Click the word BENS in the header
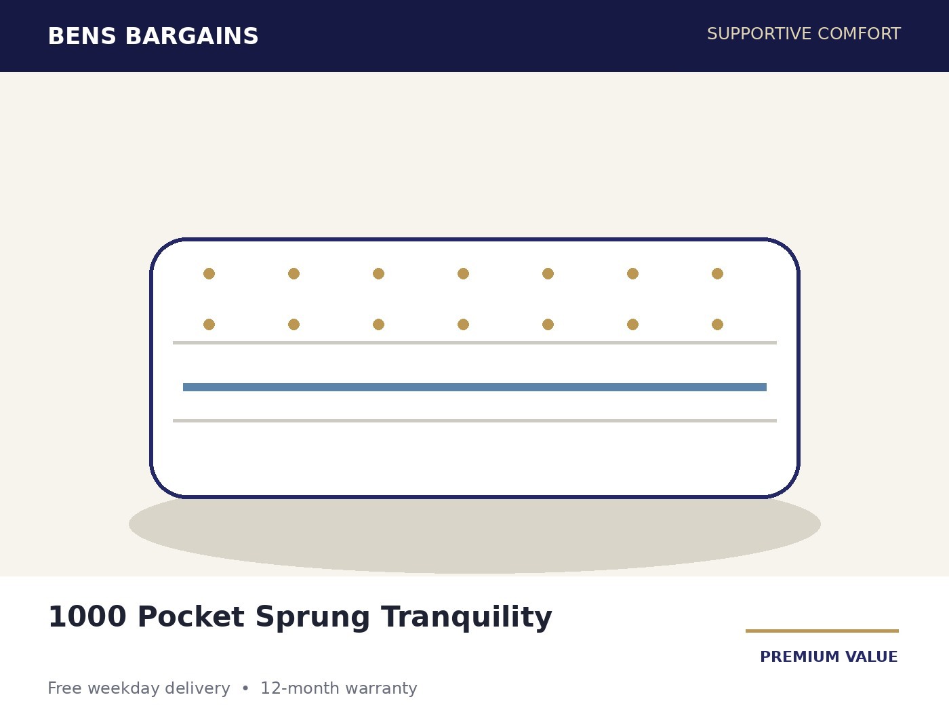(x=82, y=37)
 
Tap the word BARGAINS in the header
(x=192, y=37)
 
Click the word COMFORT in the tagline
(x=859, y=34)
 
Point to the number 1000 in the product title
(x=87, y=617)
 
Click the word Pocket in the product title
(x=190, y=617)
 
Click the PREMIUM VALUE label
(x=829, y=657)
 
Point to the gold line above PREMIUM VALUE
(x=822, y=631)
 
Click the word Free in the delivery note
(x=64, y=688)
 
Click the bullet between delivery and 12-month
(x=245, y=688)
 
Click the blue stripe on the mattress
(x=474, y=387)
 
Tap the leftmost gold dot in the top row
(x=209, y=274)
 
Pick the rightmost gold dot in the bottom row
(x=717, y=325)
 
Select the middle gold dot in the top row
(x=463, y=274)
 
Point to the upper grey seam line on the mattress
(x=474, y=343)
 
